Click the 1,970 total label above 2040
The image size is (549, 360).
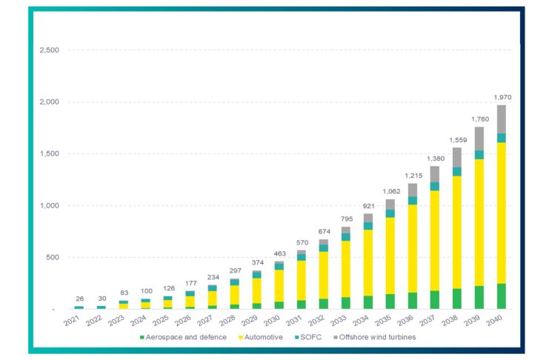(x=503, y=98)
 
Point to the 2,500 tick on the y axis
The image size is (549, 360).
(x=48, y=50)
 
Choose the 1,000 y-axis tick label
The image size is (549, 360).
(x=48, y=206)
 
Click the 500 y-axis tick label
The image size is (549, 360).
(x=51, y=258)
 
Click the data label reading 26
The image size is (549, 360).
(x=80, y=299)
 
